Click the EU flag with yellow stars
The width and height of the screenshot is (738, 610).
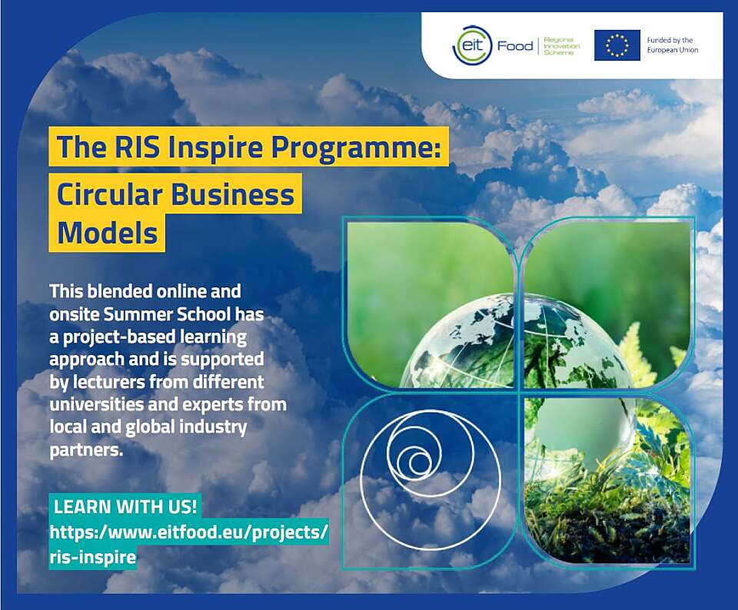pos(617,45)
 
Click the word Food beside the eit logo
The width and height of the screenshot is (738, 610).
pos(515,46)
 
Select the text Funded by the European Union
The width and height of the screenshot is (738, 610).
pos(673,45)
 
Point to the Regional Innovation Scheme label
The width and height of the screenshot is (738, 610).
pos(562,46)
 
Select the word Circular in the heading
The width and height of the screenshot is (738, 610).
pos(110,194)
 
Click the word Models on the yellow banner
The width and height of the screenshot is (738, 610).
pos(108,232)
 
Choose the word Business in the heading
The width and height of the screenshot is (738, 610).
pos(232,194)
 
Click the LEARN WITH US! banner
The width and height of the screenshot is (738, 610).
pos(125,507)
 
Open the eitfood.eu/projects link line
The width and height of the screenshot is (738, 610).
pos(188,532)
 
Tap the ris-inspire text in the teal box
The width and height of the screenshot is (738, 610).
pos(93,557)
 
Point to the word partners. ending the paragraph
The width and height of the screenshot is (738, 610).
pos(86,450)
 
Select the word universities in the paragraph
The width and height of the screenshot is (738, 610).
pos(90,404)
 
